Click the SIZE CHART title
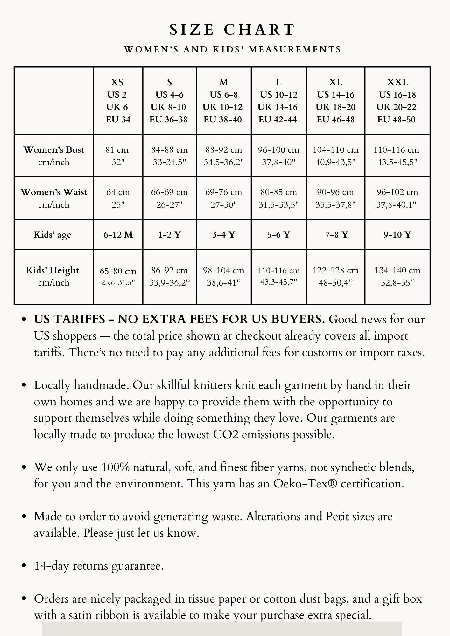(232, 30)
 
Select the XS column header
(118, 100)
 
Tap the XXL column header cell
(397, 100)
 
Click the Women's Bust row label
(54, 156)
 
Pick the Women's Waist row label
(54, 198)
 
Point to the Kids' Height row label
(53, 276)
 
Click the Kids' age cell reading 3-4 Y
(223, 235)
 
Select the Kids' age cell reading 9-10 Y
(397, 235)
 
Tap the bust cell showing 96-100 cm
(278, 156)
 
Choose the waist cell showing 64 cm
(118, 198)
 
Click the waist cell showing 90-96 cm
(335, 198)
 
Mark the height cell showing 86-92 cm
(169, 276)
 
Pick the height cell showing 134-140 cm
(397, 276)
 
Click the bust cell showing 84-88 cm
(169, 156)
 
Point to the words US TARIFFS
(69, 319)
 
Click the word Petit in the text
(338, 516)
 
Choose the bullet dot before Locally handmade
(24, 385)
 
